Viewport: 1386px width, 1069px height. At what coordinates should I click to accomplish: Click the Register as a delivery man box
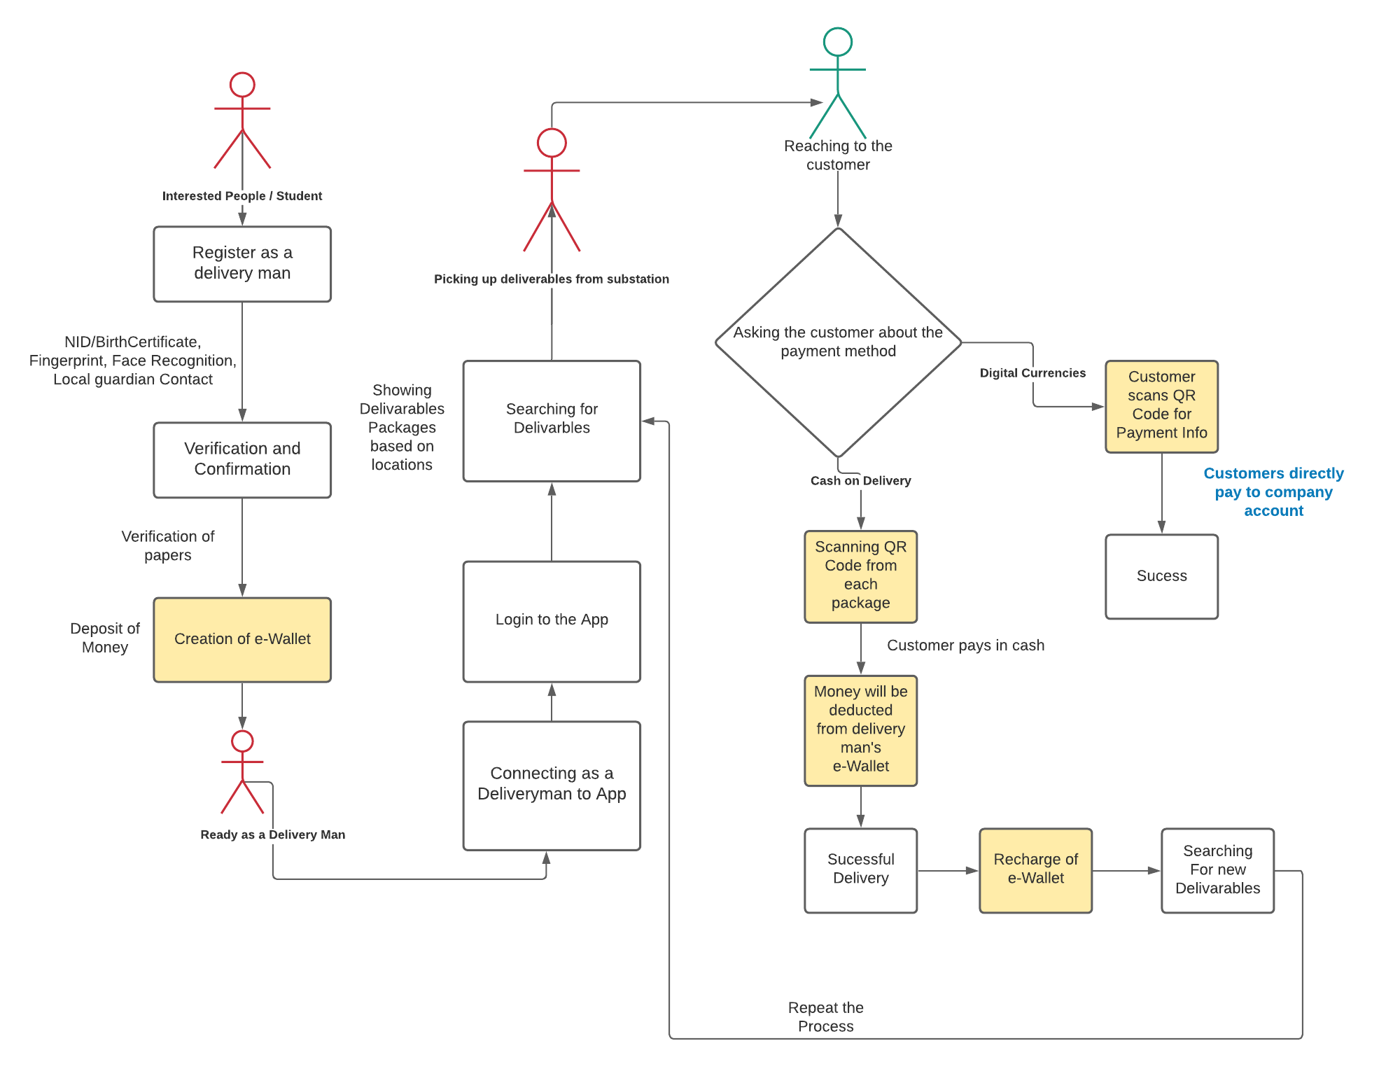pyautogui.click(x=242, y=264)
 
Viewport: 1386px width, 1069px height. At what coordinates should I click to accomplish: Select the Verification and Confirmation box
pyautogui.click(x=242, y=460)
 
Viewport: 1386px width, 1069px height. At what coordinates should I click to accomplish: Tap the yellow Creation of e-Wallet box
pyautogui.click(x=242, y=639)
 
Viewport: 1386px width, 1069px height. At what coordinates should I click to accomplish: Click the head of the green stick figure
pyautogui.click(x=837, y=42)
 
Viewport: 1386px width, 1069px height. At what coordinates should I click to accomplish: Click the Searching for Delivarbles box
pyautogui.click(x=552, y=421)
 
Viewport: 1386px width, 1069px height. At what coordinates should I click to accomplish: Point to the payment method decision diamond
pyautogui.click(x=838, y=342)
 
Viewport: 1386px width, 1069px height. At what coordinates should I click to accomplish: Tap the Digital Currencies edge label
pyautogui.click(x=1032, y=373)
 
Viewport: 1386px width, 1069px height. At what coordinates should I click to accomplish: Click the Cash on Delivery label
pyautogui.click(x=860, y=481)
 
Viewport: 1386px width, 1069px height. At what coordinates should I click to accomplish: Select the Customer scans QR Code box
pyautogui.click(x=1161, y=406)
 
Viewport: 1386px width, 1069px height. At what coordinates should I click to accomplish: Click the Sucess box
pyautogui.click(x=1161, y=576)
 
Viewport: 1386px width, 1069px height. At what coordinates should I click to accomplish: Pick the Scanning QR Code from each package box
pyautogui.click(x=860, y=576)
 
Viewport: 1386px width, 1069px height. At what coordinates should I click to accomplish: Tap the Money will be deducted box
pyautogui.click(x=860, y=730)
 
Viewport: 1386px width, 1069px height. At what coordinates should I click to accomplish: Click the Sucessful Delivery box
pyautogui.click(x=860, y=870)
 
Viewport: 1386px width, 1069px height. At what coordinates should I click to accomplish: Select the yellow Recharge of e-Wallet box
pyautogui.click(x=1035, y=870)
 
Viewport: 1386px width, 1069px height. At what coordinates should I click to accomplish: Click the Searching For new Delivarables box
pyautogui.click(x=1217, y=870)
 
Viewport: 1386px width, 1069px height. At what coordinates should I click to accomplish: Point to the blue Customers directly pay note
pyautogui.click(x=1273, y=492)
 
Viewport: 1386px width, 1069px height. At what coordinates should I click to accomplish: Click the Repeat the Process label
pyautogui.click(x=825, y=1017)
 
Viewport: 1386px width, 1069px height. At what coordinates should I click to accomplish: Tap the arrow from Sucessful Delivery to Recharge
pyautogui.click(x=948, y=871)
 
